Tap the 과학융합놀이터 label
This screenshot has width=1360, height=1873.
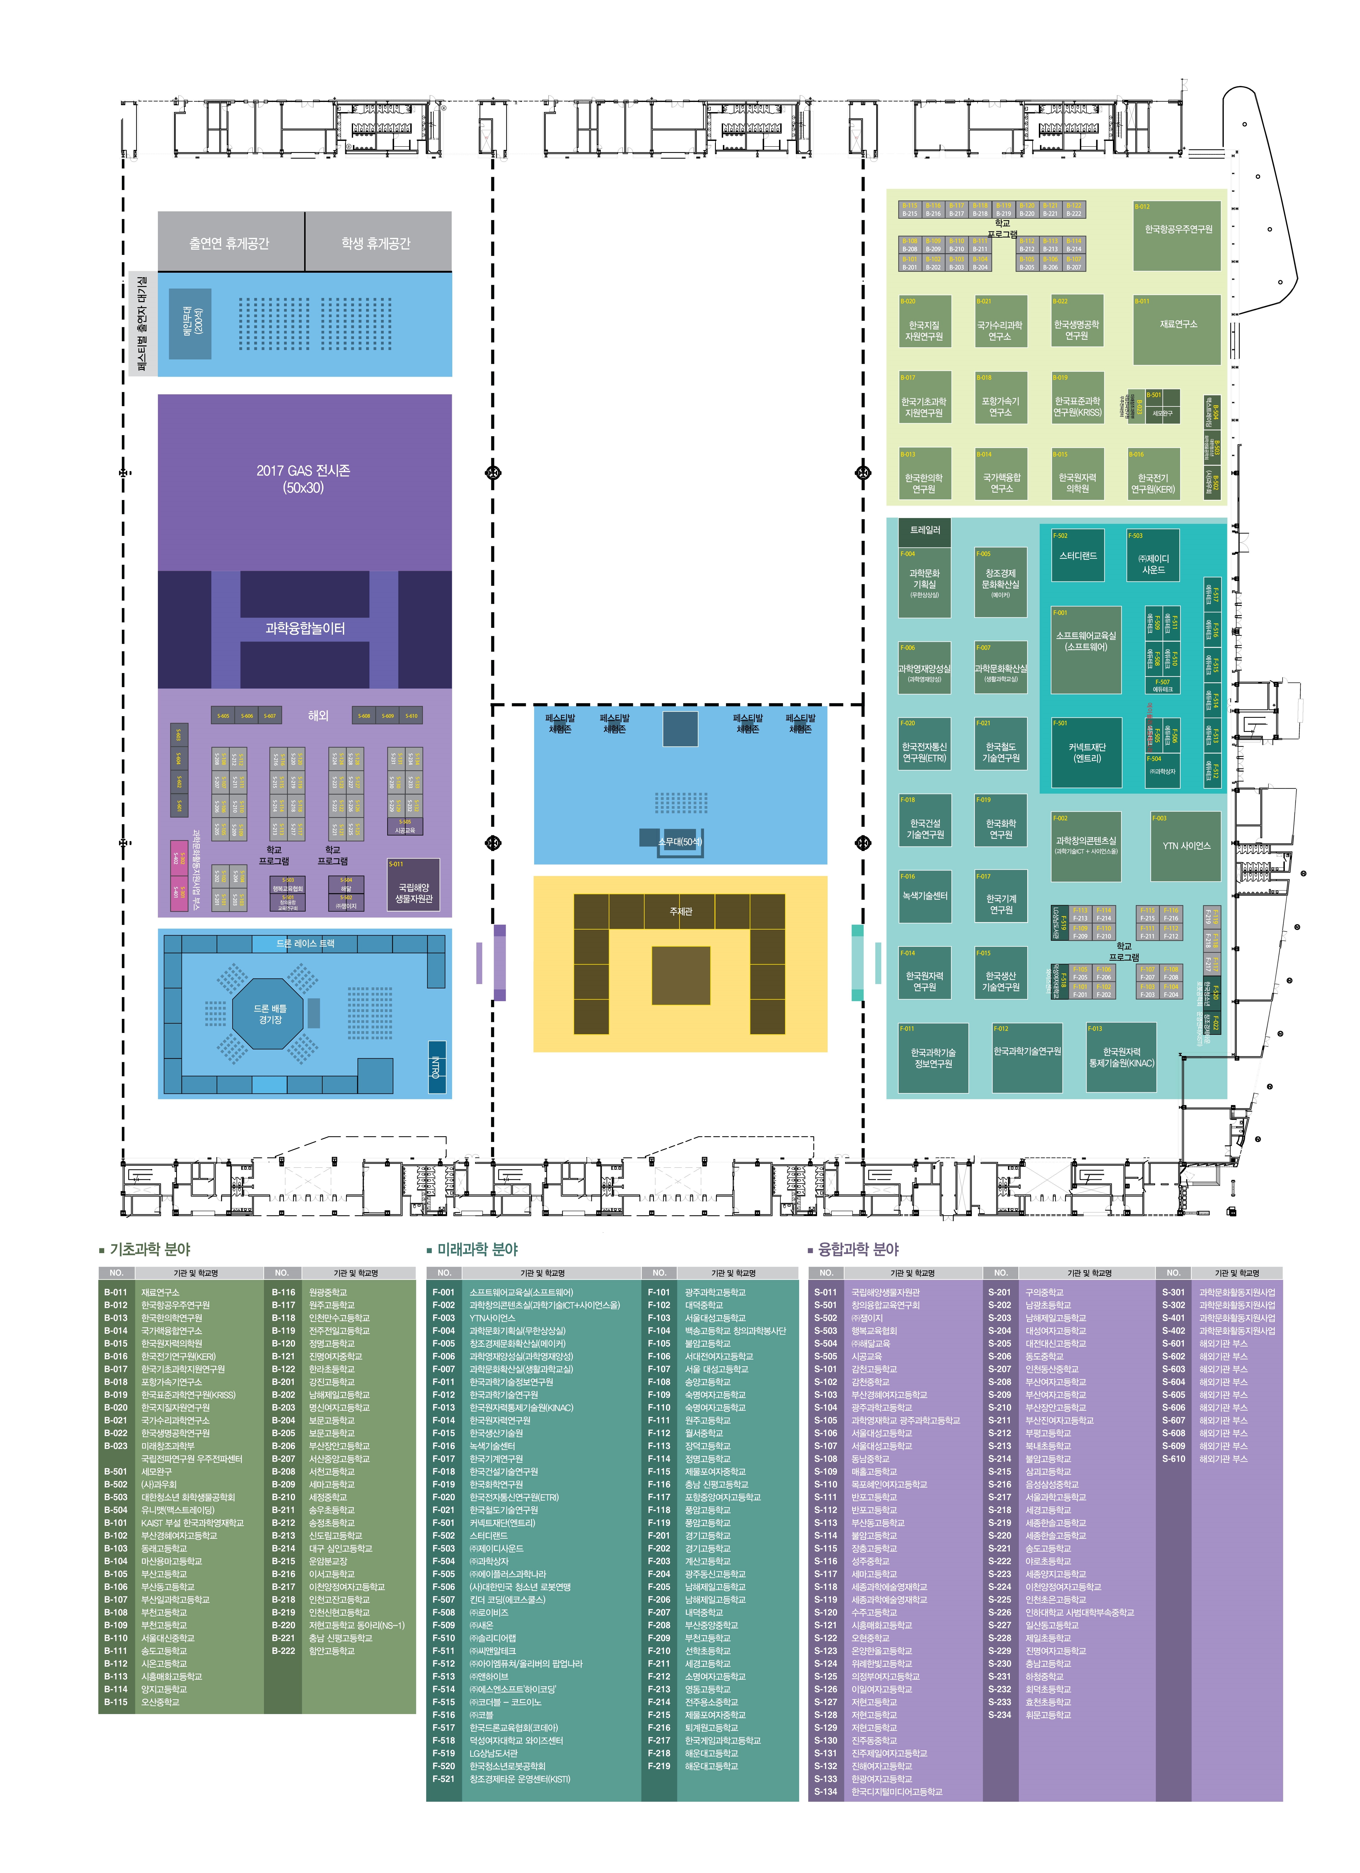tap(305, 628)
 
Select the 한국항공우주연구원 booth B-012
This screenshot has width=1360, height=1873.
tap(1177, 235)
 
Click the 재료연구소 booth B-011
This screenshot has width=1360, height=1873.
tap(1177, 329)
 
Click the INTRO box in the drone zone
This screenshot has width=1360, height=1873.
tap(437, 1067)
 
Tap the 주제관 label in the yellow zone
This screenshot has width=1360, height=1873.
tap(680, 912)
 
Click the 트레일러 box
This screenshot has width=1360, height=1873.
tap(925, 531)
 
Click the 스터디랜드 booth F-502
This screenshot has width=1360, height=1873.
tap(1078, 556)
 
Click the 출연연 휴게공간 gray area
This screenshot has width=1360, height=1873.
tap(230, 243)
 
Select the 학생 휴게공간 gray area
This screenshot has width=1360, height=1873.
tap(376, 243)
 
